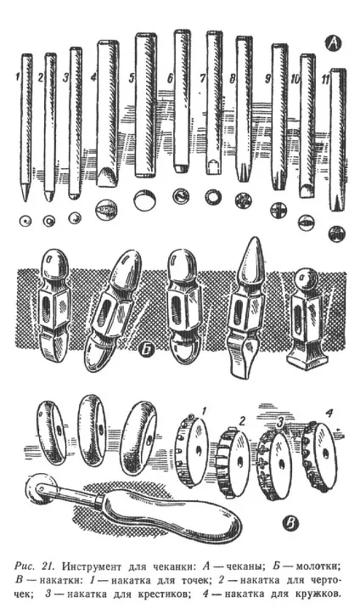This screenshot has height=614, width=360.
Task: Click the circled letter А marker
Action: tap(333, 44)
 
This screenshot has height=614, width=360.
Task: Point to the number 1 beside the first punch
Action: tap(18, 77)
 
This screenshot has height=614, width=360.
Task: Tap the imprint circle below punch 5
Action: tap(144, 200)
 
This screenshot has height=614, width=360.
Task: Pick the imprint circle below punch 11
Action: tap(337, 234)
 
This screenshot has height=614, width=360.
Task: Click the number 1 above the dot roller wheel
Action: tap(204, 410)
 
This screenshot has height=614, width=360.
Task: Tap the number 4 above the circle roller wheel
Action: tap(329, 413)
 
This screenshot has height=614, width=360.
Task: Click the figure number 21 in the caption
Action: tap(49, 566)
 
